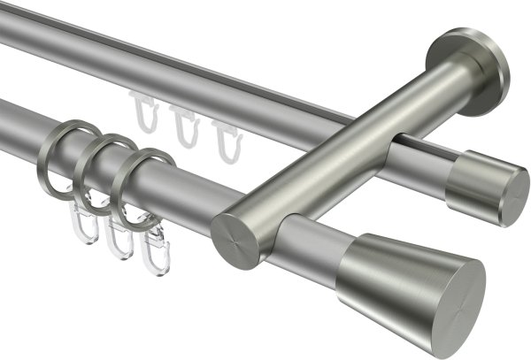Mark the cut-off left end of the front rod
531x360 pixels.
point(7,119)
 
